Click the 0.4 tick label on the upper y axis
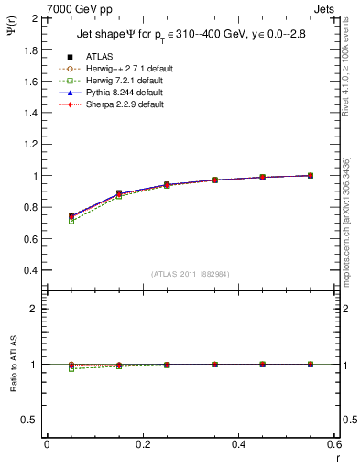point(28,270)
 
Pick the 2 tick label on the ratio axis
point(34,309)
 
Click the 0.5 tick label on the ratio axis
point(28,420)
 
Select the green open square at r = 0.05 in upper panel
point(71,221)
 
